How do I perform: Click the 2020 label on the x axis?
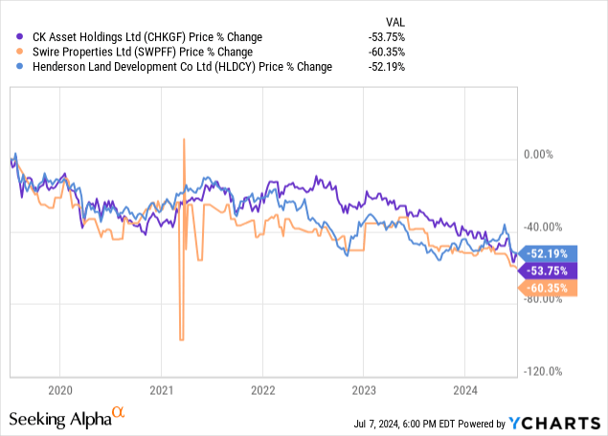(59, 390)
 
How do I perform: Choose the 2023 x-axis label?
(363, 390)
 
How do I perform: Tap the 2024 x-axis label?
(463, 390)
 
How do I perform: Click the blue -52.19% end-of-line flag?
(547, 253)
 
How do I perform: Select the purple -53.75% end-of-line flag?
(547, 271)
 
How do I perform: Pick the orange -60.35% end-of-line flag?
(547, 288)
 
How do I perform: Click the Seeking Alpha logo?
(67, 419)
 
